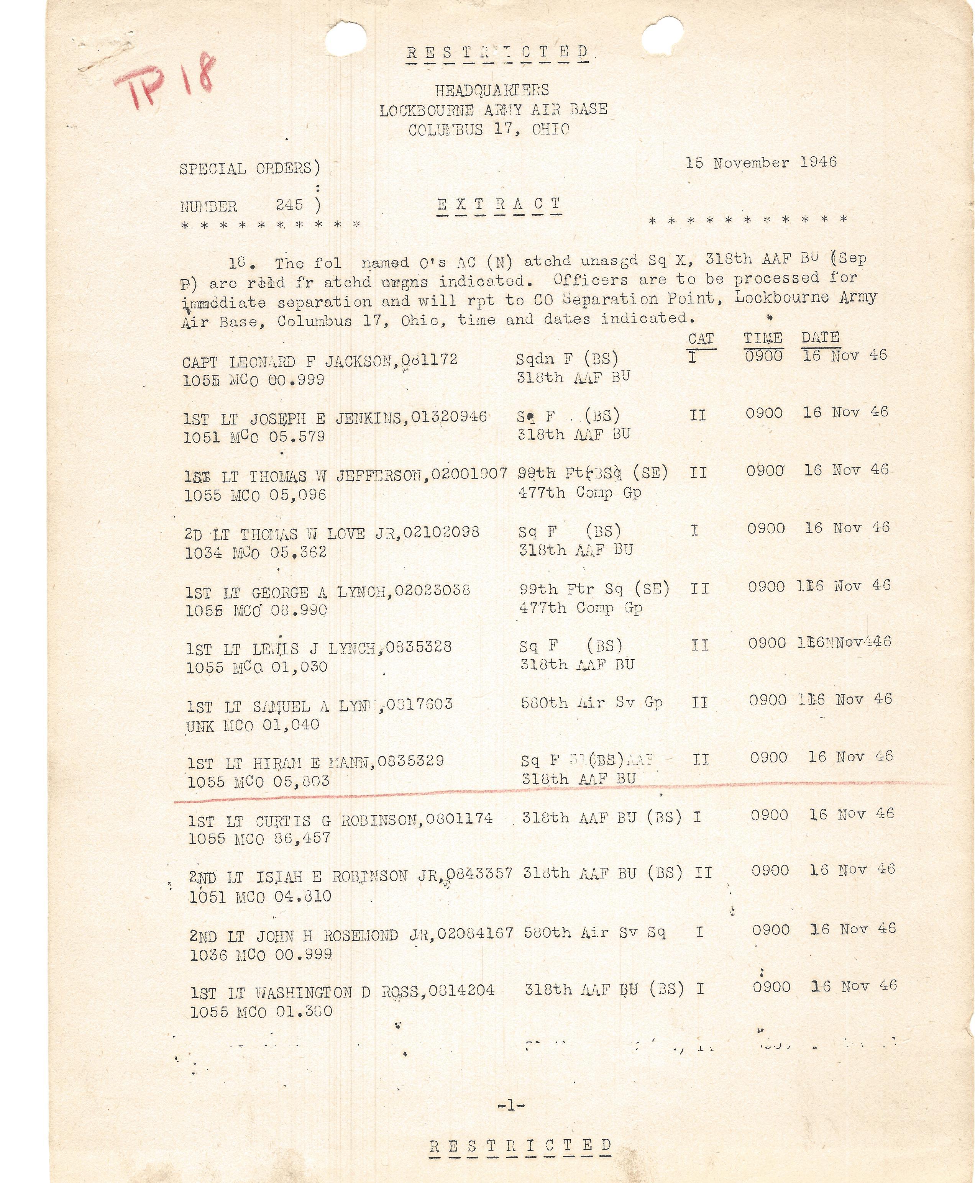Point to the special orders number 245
pyautogui.click(x=289, y=205)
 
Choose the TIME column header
pyautogui.click(x=763, y=338)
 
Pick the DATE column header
pyautogui.click(x=820, y=338)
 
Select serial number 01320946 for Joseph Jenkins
pyautogui.click(x=449, y=417)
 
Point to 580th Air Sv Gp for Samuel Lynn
pyautogui.click(x=591, y=702)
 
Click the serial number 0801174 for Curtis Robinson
pyautogui.click(x=459, y=819)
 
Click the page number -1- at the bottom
pyautogui.click(x=511, y=1106)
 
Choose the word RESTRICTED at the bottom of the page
pyautogui.click(x=520, y=1145)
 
